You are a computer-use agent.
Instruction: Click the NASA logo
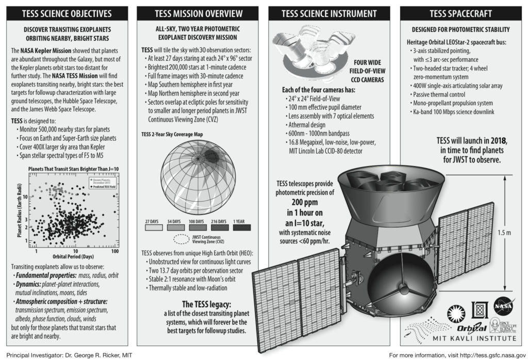502,305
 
